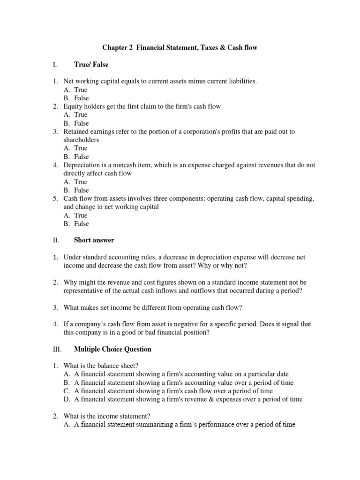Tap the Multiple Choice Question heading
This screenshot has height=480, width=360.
pos(112,349)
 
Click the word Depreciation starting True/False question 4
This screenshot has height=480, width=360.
pos(82,165)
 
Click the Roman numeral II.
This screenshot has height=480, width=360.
pos(56,240)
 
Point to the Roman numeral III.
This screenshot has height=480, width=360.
pos(57,349)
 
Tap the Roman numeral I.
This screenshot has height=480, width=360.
pos(55,64)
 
